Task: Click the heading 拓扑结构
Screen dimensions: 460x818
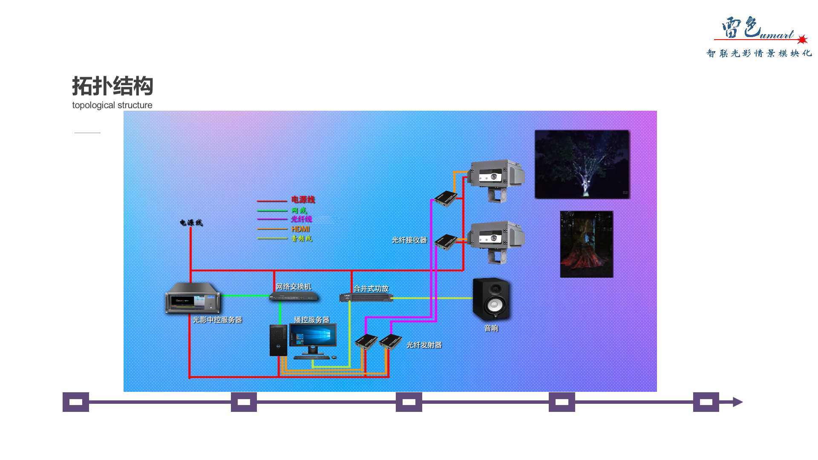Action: [x=112, y=86]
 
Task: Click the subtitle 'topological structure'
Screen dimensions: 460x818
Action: [x=112, y=105]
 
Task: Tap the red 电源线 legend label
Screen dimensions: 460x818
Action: [x=303, y=199]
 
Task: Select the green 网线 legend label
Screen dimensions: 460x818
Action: [x=299, y=210]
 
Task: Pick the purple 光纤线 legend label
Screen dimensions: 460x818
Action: [x=302, y=219]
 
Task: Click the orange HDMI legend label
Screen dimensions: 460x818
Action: [x=300, y=229]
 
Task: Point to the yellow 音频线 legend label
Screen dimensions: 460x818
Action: [x=302, y=239]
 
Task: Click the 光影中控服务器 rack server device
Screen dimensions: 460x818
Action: [x=193, y=298]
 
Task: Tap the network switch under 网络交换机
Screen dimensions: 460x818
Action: [x=294, y=297]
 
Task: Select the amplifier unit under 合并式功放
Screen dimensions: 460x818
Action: [x=366, y=297]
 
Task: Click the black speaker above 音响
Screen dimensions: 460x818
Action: [x=491, y=300]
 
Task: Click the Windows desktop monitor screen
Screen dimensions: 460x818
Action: [x=313, y=335]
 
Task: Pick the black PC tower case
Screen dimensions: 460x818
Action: [x=278, y=340]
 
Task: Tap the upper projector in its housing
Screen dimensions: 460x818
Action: [x=496, y=177]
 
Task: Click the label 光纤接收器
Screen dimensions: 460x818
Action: [x=409, y=240]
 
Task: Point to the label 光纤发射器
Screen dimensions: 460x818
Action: [x=424, y=345]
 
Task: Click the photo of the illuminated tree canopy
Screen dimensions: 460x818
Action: [x=582, y=164]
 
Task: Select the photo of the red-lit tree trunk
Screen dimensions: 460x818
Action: [x=586, y=244]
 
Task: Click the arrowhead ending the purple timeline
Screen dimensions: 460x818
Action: [x=737, y=402]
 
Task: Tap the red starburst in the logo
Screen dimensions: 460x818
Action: [x=802, y=40]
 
